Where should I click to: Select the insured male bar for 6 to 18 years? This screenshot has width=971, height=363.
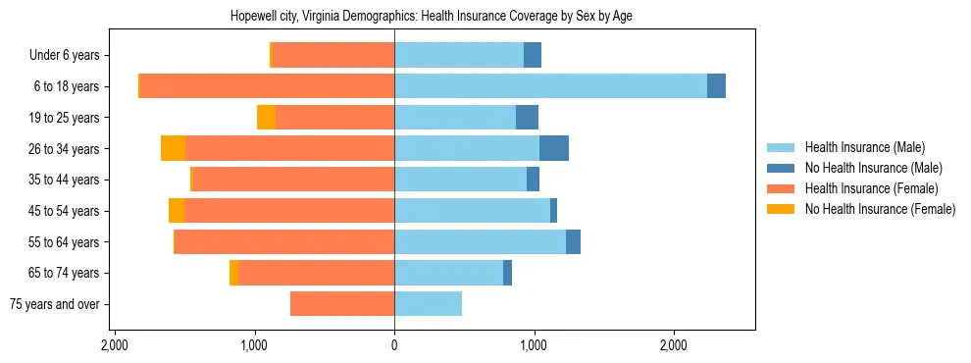tap(550, 86)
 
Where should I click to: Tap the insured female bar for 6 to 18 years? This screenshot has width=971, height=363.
tap(267, 86)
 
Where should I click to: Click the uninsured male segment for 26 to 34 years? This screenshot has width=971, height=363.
tap(554, 148)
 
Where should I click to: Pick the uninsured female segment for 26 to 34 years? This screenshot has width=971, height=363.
tap(173, 148)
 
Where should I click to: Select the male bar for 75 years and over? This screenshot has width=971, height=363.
tap(428, 304)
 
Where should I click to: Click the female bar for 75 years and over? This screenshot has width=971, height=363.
tap(342, 304)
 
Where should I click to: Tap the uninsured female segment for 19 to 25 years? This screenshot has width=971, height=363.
tap(266, 118)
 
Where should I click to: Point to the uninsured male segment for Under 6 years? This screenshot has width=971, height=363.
tap(533, 55)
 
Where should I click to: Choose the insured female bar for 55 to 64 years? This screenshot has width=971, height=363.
tap(284, 241)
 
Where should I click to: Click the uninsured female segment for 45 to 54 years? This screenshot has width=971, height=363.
tap(177, 211)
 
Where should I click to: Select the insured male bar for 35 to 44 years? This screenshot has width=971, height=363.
tap(460, 180)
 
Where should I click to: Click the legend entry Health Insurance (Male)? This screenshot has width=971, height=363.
tap(864, 147)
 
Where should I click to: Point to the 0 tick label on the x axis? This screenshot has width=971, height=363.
tap(394, 345)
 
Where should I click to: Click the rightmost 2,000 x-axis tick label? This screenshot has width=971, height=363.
tap(673, 345)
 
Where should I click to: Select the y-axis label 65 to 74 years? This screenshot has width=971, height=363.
tap(65, 273)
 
